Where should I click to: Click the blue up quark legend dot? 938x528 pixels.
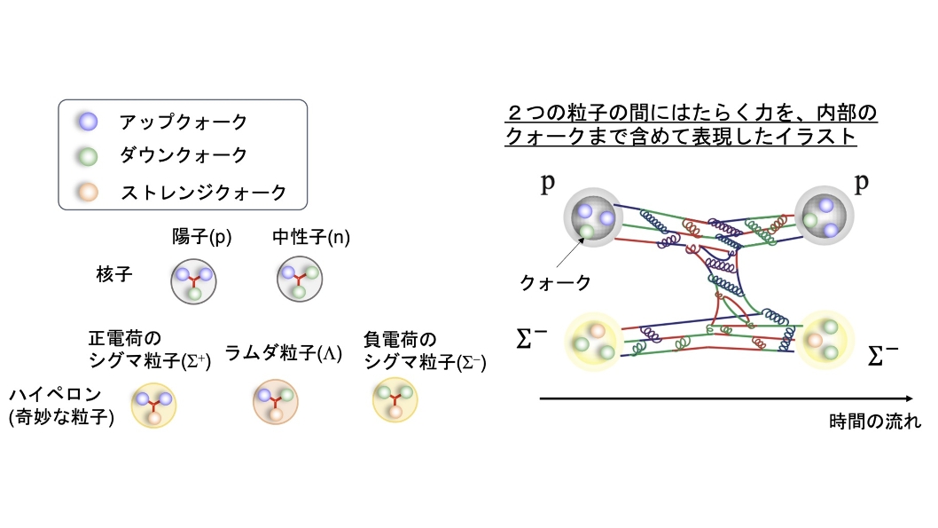88,122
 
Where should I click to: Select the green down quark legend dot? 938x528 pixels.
88,156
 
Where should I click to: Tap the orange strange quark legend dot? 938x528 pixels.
88,193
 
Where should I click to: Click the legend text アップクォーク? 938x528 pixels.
183,122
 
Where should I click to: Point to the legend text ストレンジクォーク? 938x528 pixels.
203,193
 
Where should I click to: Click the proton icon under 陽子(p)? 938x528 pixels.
193,281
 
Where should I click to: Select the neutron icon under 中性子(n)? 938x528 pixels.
300,279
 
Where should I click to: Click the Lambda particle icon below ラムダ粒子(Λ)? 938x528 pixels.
275,402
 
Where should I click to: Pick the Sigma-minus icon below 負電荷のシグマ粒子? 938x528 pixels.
395,400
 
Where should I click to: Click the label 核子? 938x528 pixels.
113,275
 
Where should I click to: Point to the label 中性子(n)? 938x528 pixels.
311,237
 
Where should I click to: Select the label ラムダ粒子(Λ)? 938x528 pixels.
284,353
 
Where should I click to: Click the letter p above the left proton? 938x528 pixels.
547,183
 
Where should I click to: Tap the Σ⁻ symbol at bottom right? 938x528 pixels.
882,356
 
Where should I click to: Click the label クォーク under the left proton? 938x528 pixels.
555,282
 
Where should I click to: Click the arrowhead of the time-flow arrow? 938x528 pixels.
910,398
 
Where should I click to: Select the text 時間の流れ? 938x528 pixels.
874,422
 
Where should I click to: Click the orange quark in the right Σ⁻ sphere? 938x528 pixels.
815,340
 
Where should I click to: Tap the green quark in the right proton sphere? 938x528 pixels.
810,220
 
